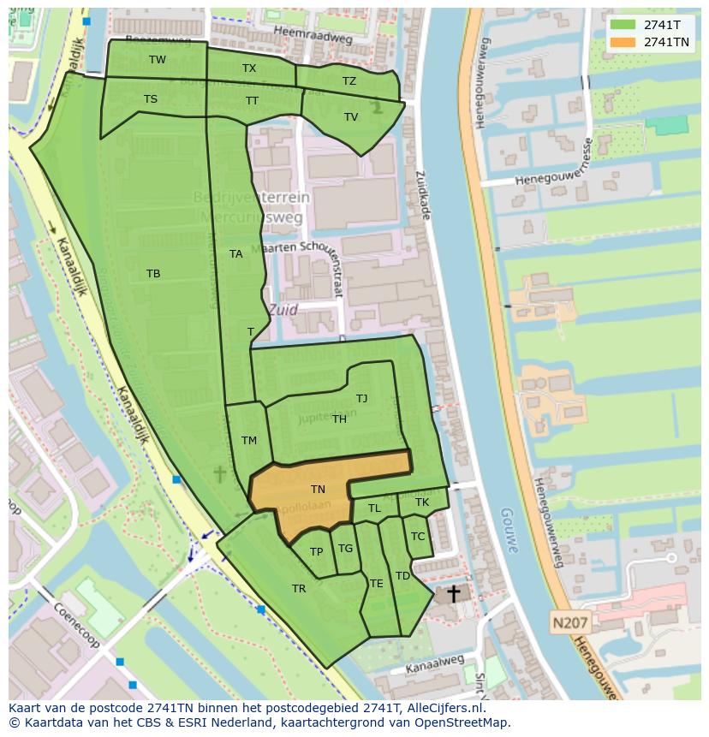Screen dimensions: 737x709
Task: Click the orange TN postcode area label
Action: [x=318, y=490]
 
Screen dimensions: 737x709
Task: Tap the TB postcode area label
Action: [x=153, y=274]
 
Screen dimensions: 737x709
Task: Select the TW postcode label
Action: [x=158, y=60]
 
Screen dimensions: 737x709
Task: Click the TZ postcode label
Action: [x=349, y=81]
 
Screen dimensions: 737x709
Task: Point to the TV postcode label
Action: [x=351, y=117]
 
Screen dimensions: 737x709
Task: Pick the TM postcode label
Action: [x=249, y=441]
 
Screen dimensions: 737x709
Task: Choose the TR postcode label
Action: [x=299, y=589]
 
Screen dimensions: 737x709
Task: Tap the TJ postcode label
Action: [x=362, y=399]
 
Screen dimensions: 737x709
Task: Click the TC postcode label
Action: [x=418, y=537]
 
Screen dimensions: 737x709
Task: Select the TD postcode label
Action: [x=402, y=576]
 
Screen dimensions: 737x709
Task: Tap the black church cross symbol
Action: [x=453, y=593]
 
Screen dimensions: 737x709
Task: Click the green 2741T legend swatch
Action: [x=623, y=25]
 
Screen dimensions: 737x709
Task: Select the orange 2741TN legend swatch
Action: [x=623, y=42]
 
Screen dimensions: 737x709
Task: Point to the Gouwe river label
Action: [x=510, y=532]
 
